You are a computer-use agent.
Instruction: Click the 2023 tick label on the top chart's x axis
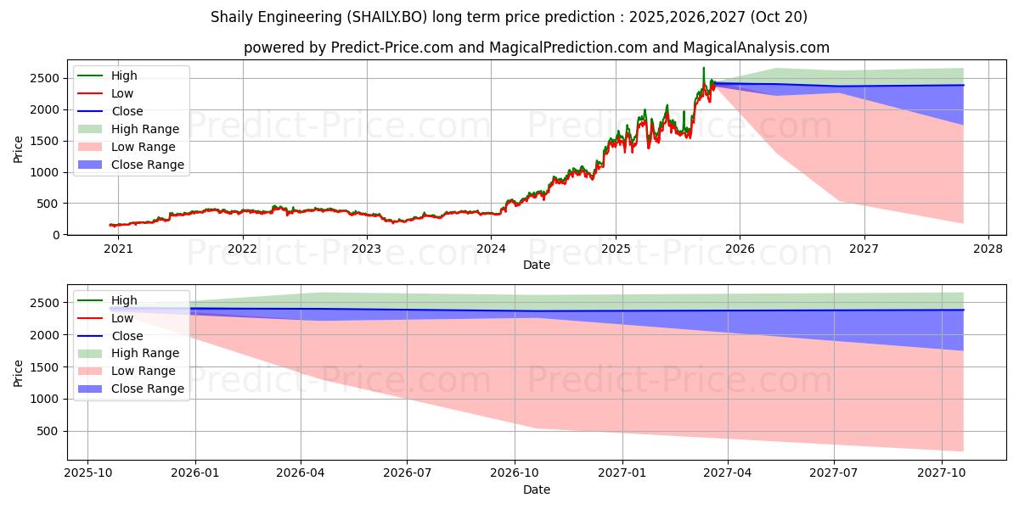pos(367,249)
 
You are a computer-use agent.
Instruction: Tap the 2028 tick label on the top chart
pos(988,249)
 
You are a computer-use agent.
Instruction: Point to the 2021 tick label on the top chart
pos(118,249)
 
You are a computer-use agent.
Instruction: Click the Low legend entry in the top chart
pos(122,93)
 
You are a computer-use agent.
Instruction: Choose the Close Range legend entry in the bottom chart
pos(147,389)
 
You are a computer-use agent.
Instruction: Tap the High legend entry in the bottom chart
pos(124,300)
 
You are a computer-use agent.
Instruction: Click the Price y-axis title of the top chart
pos(19,150)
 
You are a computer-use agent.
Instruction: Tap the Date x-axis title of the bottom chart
pos(536,489)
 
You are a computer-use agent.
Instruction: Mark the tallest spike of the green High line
pos(703,68)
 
